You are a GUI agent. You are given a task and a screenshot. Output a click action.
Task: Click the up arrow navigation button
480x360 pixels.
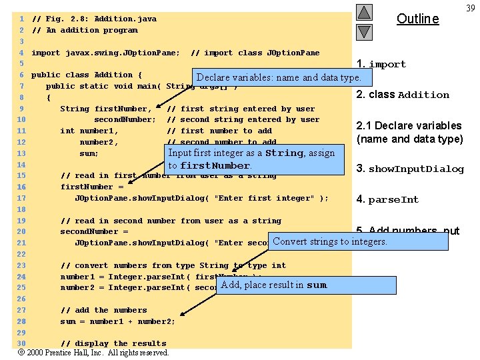(363, 12)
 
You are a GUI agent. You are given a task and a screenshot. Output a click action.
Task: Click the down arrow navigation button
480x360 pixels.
(363, 31)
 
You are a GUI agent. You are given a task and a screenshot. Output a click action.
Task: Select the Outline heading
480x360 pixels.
(417, 19)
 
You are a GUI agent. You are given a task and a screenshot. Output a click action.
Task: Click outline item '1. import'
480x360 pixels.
(381, 64)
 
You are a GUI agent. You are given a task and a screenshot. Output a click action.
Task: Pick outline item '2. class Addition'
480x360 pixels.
(403, 95)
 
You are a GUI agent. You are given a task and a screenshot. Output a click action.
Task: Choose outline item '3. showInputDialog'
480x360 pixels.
(410, 169)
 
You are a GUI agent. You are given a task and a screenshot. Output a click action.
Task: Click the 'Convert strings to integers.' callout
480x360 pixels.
(330, 241)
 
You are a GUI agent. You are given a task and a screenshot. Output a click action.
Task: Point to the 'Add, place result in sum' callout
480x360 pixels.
(273, 285)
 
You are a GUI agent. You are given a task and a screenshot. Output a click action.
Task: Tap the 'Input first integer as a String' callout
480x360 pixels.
(252, 159)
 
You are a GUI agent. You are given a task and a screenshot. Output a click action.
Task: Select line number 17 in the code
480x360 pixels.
(21, 198)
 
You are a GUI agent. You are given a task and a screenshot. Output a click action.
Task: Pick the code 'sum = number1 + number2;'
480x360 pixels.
(118, 321)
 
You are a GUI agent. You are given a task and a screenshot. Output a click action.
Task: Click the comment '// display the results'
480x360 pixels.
(113, 344)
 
